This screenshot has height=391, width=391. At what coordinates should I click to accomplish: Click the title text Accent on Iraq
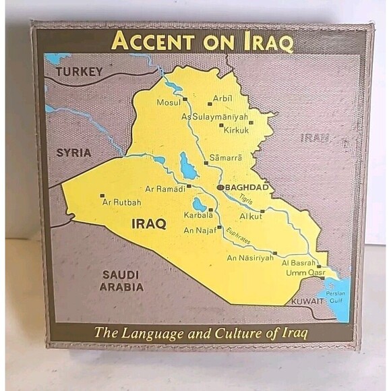point(202,42)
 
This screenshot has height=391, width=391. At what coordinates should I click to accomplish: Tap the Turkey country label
point(79,72)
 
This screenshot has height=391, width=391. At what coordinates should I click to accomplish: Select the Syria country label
point(73,152)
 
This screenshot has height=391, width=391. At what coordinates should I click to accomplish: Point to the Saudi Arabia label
point(121,280)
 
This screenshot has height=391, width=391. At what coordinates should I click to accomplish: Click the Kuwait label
point(307,301)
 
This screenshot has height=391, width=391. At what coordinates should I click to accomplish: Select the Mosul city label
point(168,102)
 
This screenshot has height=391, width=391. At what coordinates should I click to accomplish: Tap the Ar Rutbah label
point(122,202)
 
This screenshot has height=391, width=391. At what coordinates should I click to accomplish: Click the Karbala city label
point(199,216)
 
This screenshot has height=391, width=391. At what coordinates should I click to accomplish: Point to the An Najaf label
point(200,233)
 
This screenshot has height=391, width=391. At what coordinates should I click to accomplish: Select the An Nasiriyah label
point(250,258)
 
